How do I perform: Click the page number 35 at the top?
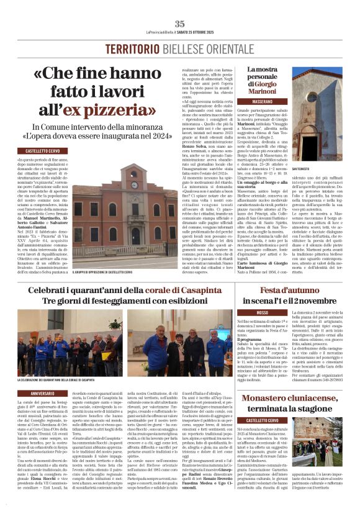tap(179, 24)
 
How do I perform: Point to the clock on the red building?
tap(133, 184)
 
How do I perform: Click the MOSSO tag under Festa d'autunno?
tap(262, 312)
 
